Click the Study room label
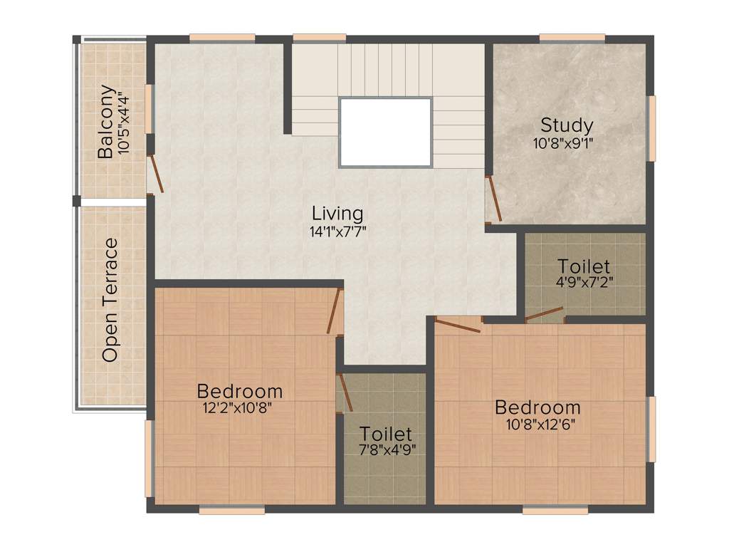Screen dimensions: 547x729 point(566,125)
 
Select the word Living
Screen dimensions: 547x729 point(337,213)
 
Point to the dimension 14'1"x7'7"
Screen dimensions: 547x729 point(337,231)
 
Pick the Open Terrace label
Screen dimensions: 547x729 point(110,300)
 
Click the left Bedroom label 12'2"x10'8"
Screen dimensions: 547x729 point(239,391)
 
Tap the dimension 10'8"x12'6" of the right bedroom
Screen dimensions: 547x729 point(537,424)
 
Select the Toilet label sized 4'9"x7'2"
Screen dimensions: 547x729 point(584,266)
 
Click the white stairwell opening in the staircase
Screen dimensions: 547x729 point(385,132)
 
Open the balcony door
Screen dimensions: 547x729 point(156,174)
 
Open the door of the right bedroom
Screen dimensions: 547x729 point(457,325)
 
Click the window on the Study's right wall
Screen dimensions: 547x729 point(651,128)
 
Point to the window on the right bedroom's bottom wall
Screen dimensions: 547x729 point(555,510)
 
